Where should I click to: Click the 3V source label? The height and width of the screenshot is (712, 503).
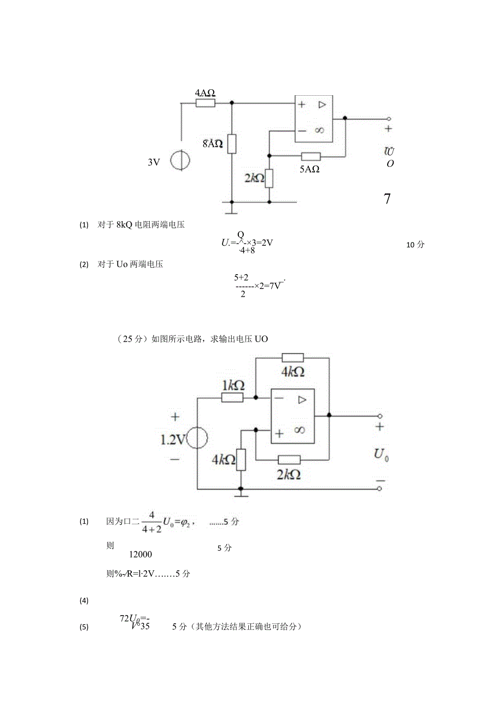[x=154, y=162]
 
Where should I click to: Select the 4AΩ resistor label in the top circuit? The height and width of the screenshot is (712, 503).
[x=205, y=92]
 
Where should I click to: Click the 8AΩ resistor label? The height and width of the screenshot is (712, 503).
[x=213, y=144]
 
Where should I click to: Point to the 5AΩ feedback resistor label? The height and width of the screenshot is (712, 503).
[x=309, y=169]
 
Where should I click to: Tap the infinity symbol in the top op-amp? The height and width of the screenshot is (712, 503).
[x=319, y=130]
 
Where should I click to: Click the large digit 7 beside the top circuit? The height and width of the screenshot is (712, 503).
[x=387, y=199]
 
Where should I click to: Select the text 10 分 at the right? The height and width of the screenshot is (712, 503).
[x=415, y=245]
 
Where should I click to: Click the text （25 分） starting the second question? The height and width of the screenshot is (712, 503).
[x=132, y=339]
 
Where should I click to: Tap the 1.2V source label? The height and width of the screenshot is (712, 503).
[x=173, y=438]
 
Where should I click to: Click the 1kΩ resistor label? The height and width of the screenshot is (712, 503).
[x=233, y=386]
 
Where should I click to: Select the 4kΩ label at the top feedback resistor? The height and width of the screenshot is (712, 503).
[x=293, y=372]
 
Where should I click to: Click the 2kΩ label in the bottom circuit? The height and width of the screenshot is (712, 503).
[x=289, y=474]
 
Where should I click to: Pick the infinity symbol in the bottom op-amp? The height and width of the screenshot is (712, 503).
[x=299, y=430]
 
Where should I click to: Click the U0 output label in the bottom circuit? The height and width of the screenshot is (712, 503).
[x=381, y=454]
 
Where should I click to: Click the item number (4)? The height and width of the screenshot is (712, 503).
[x=84, y=600]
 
